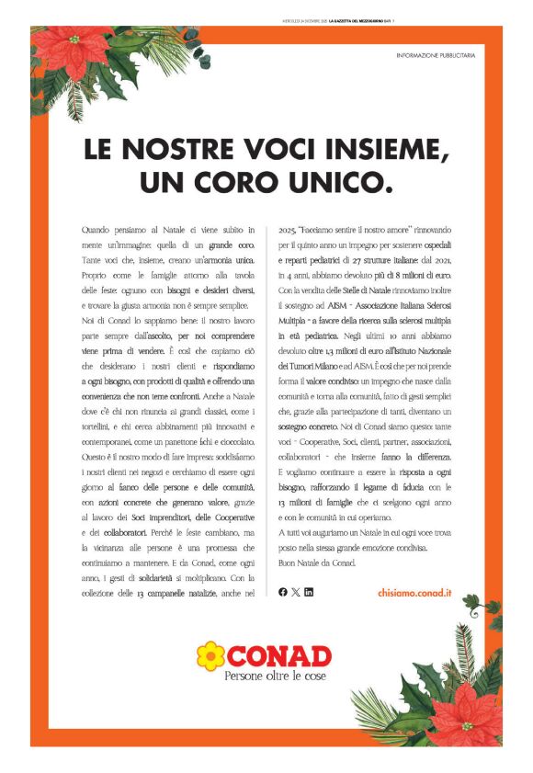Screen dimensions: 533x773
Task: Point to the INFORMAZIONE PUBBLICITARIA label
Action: coord(437,56)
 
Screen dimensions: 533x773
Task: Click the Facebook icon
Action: coord(282,592)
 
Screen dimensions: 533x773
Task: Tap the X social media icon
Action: coord(295,592)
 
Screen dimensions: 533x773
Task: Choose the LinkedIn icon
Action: coord(309,592)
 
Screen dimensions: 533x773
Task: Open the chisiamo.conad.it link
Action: coord(414,593)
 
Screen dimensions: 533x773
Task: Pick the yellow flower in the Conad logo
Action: coord(210,655)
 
